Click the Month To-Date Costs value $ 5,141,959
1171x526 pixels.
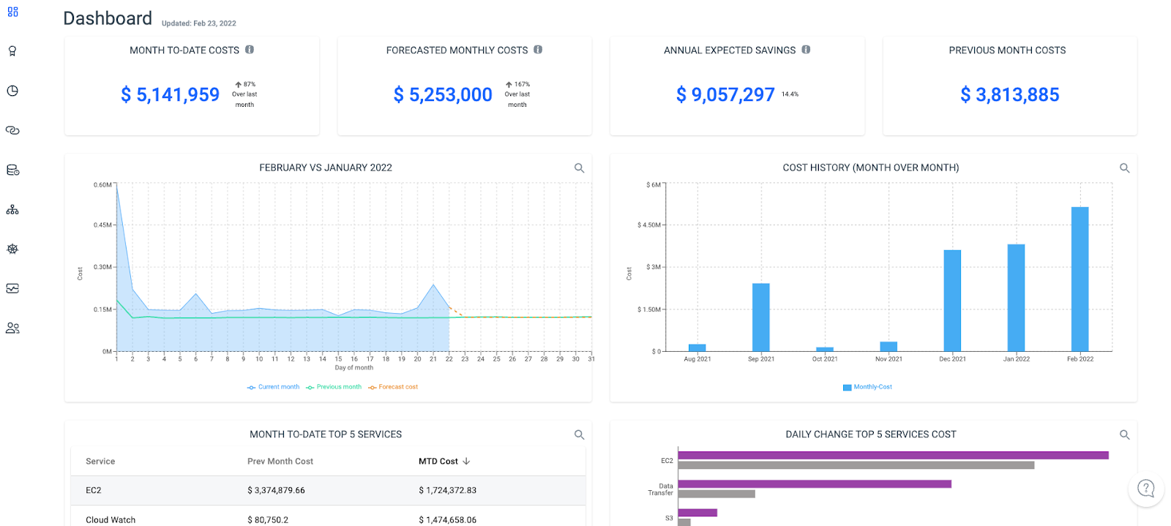[170, 94]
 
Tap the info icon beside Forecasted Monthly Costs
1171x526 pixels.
[538, 50]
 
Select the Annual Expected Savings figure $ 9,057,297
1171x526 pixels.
[725, 94]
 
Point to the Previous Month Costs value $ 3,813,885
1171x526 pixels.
[1009, 94]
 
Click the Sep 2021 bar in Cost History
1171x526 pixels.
[760, 317]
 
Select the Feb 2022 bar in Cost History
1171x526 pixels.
[1080, 279]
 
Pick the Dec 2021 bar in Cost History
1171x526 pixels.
[952, 301]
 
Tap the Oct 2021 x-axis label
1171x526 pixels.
[825, 359]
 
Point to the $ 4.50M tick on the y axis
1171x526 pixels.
[648, 225]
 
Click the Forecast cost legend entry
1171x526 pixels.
[393, 387]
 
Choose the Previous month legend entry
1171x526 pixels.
[334, 387]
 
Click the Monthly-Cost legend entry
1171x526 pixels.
[867, 387]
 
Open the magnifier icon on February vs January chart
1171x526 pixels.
[579, 168]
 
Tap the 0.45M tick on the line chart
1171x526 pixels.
[102, 225]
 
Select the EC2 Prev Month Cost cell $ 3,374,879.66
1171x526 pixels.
[276, 490]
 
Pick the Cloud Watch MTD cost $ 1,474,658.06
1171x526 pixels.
[447, 519]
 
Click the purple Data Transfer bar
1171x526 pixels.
[815, 484]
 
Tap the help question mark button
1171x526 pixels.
[1146, 489]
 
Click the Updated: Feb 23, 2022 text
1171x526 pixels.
[198, 23]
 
